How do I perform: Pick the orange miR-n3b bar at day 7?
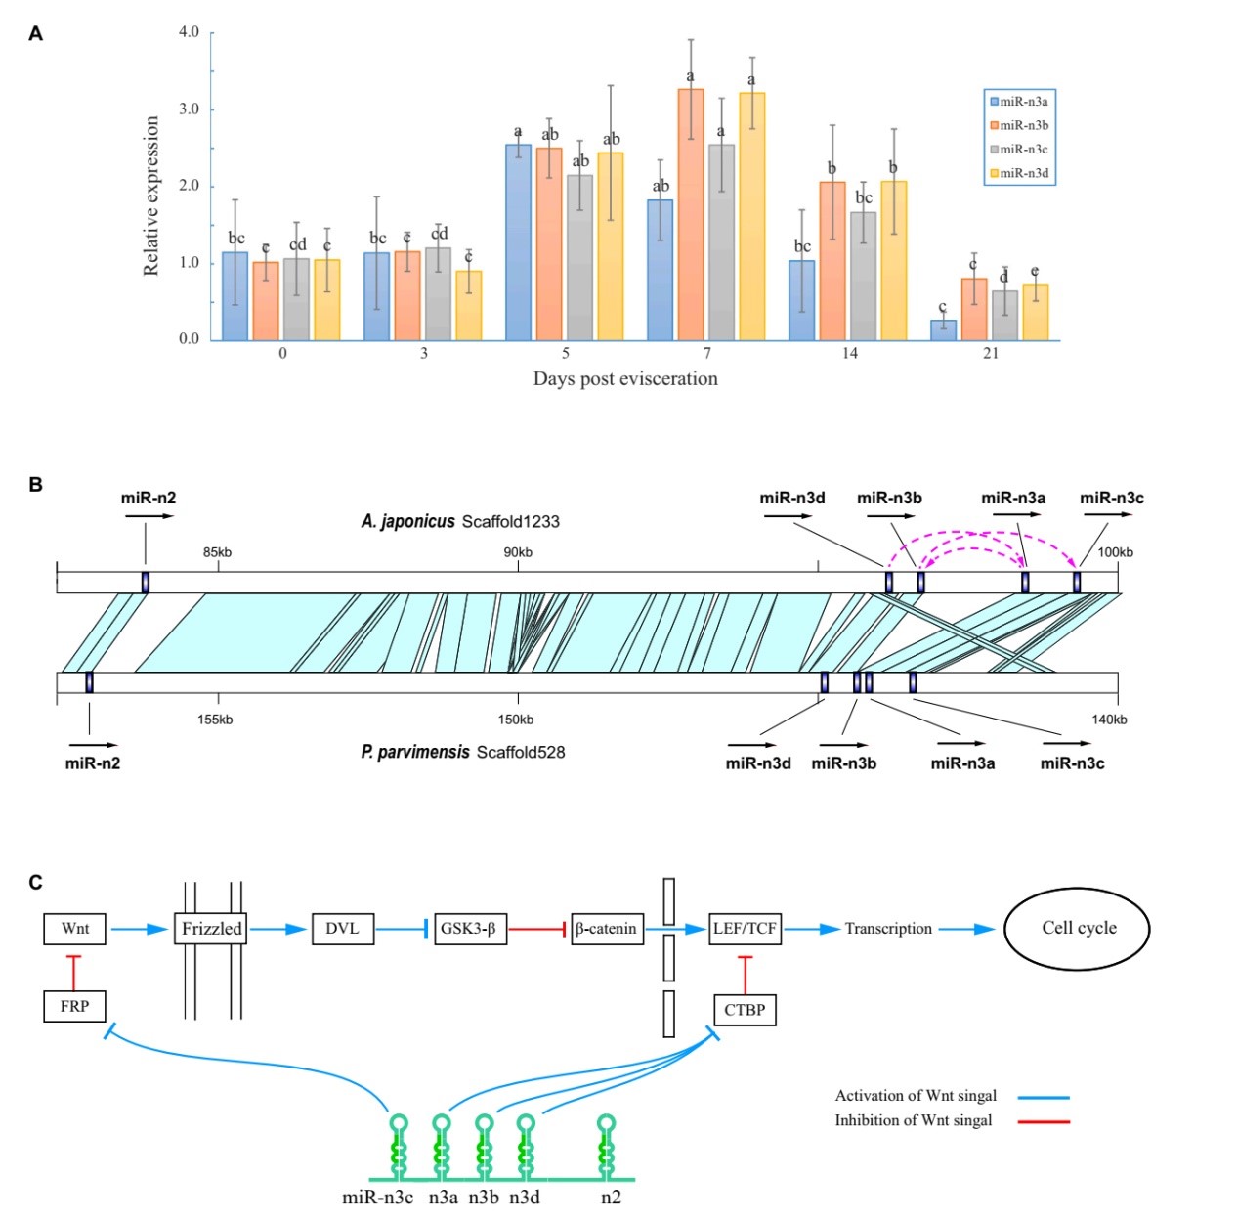(691, 215)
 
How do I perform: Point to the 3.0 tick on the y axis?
(190, 109)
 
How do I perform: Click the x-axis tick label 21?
(991, 354)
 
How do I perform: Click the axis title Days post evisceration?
(625, 379)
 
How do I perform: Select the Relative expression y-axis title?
(151, 196)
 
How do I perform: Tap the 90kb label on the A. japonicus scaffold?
(518, 552)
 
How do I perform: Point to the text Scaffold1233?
(510, 521)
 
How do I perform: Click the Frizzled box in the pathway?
(211, 929)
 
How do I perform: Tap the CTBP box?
(745, 1010)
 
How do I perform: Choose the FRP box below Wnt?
(74, 1006)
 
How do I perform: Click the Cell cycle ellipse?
(1079, 929)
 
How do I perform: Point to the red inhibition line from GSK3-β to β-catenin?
(537, 929)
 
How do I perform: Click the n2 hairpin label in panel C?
(611, 1198)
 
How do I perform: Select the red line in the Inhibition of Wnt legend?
(1044, 1121)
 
